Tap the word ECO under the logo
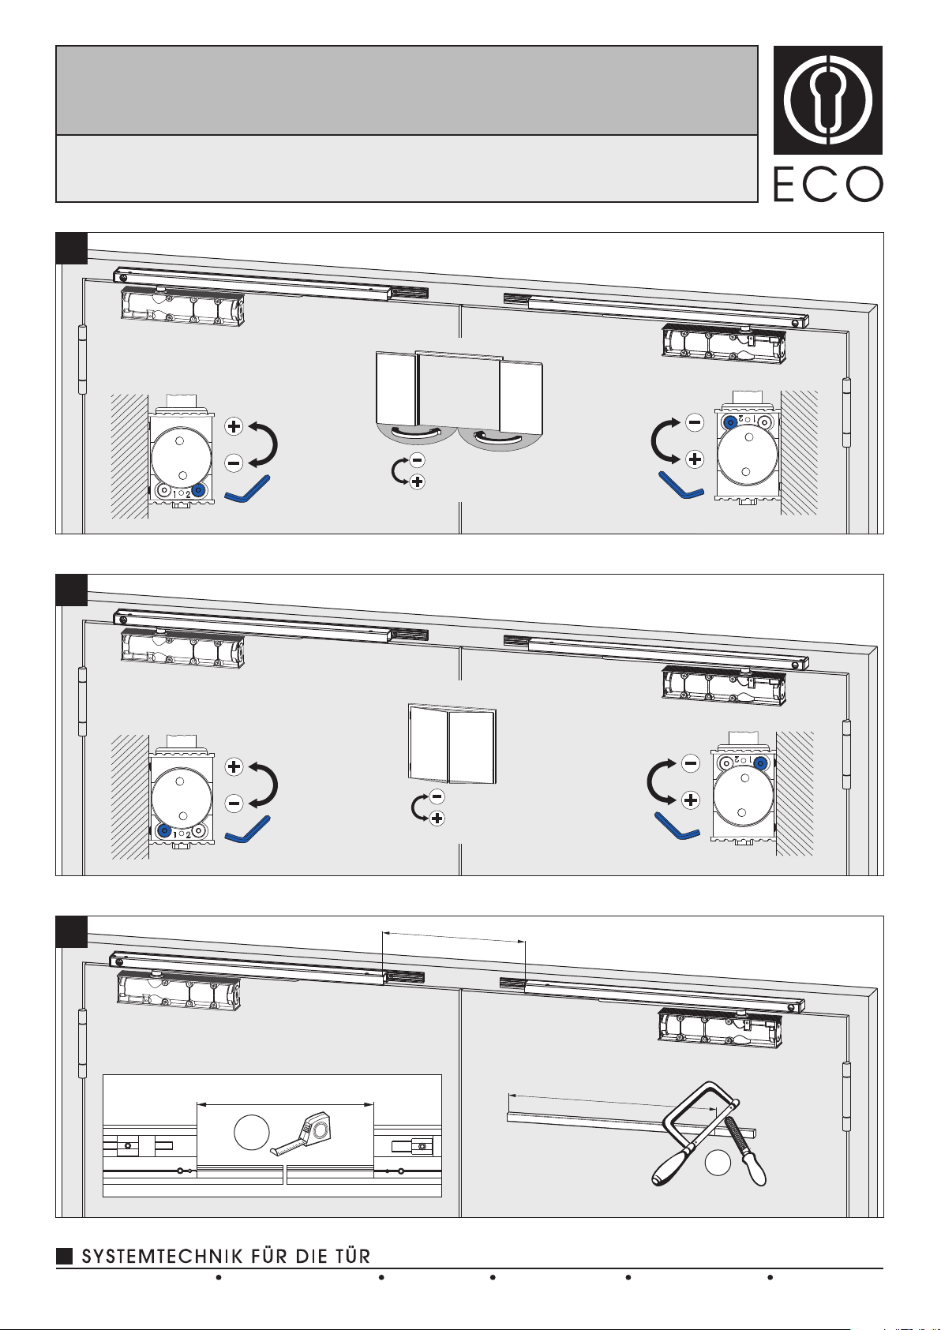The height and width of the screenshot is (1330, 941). click(x=828, y=184)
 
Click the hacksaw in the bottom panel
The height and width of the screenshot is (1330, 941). click(x=692, y=1132)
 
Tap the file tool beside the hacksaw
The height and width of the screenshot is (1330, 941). click(x=745, y=1150)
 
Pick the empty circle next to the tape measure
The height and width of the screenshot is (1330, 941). click(x=252, y=1132)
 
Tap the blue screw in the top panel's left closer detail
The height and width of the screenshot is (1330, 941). click(x=198, y=490)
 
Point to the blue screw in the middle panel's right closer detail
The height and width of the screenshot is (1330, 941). click(x=759, y=763)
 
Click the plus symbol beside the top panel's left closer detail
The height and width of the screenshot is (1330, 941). click(x=234, y=425)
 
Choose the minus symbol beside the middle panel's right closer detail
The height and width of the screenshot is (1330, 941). click(x=691, y=763)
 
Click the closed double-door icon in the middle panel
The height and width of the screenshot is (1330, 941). click(x=452, y=744)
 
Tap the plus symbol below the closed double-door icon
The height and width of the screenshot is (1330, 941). click(x=437, y=819)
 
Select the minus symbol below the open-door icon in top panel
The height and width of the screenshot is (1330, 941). click(x=418, y=460)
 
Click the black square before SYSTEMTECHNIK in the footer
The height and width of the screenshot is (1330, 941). click(x=64, y=1256)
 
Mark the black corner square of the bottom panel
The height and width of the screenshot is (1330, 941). click(x=71, y=932)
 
